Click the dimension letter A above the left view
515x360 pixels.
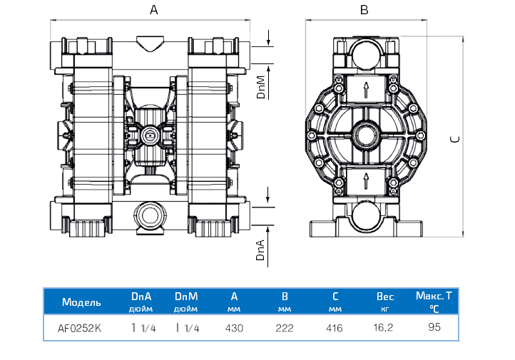(153, 10)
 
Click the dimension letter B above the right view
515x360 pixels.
(364, 10)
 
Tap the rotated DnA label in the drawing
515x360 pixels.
(261, 251)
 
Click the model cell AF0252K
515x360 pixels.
(79, 329)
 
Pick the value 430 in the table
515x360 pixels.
(235, 329)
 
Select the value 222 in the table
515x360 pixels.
(285, 329)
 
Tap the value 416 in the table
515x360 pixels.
(334, 329)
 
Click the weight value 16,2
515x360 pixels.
(385, 329)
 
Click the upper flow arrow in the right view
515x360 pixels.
(366, 90)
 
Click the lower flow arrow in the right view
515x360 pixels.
(366, 180)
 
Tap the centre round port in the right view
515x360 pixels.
(366, 134)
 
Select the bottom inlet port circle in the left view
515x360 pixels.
(151, 214)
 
